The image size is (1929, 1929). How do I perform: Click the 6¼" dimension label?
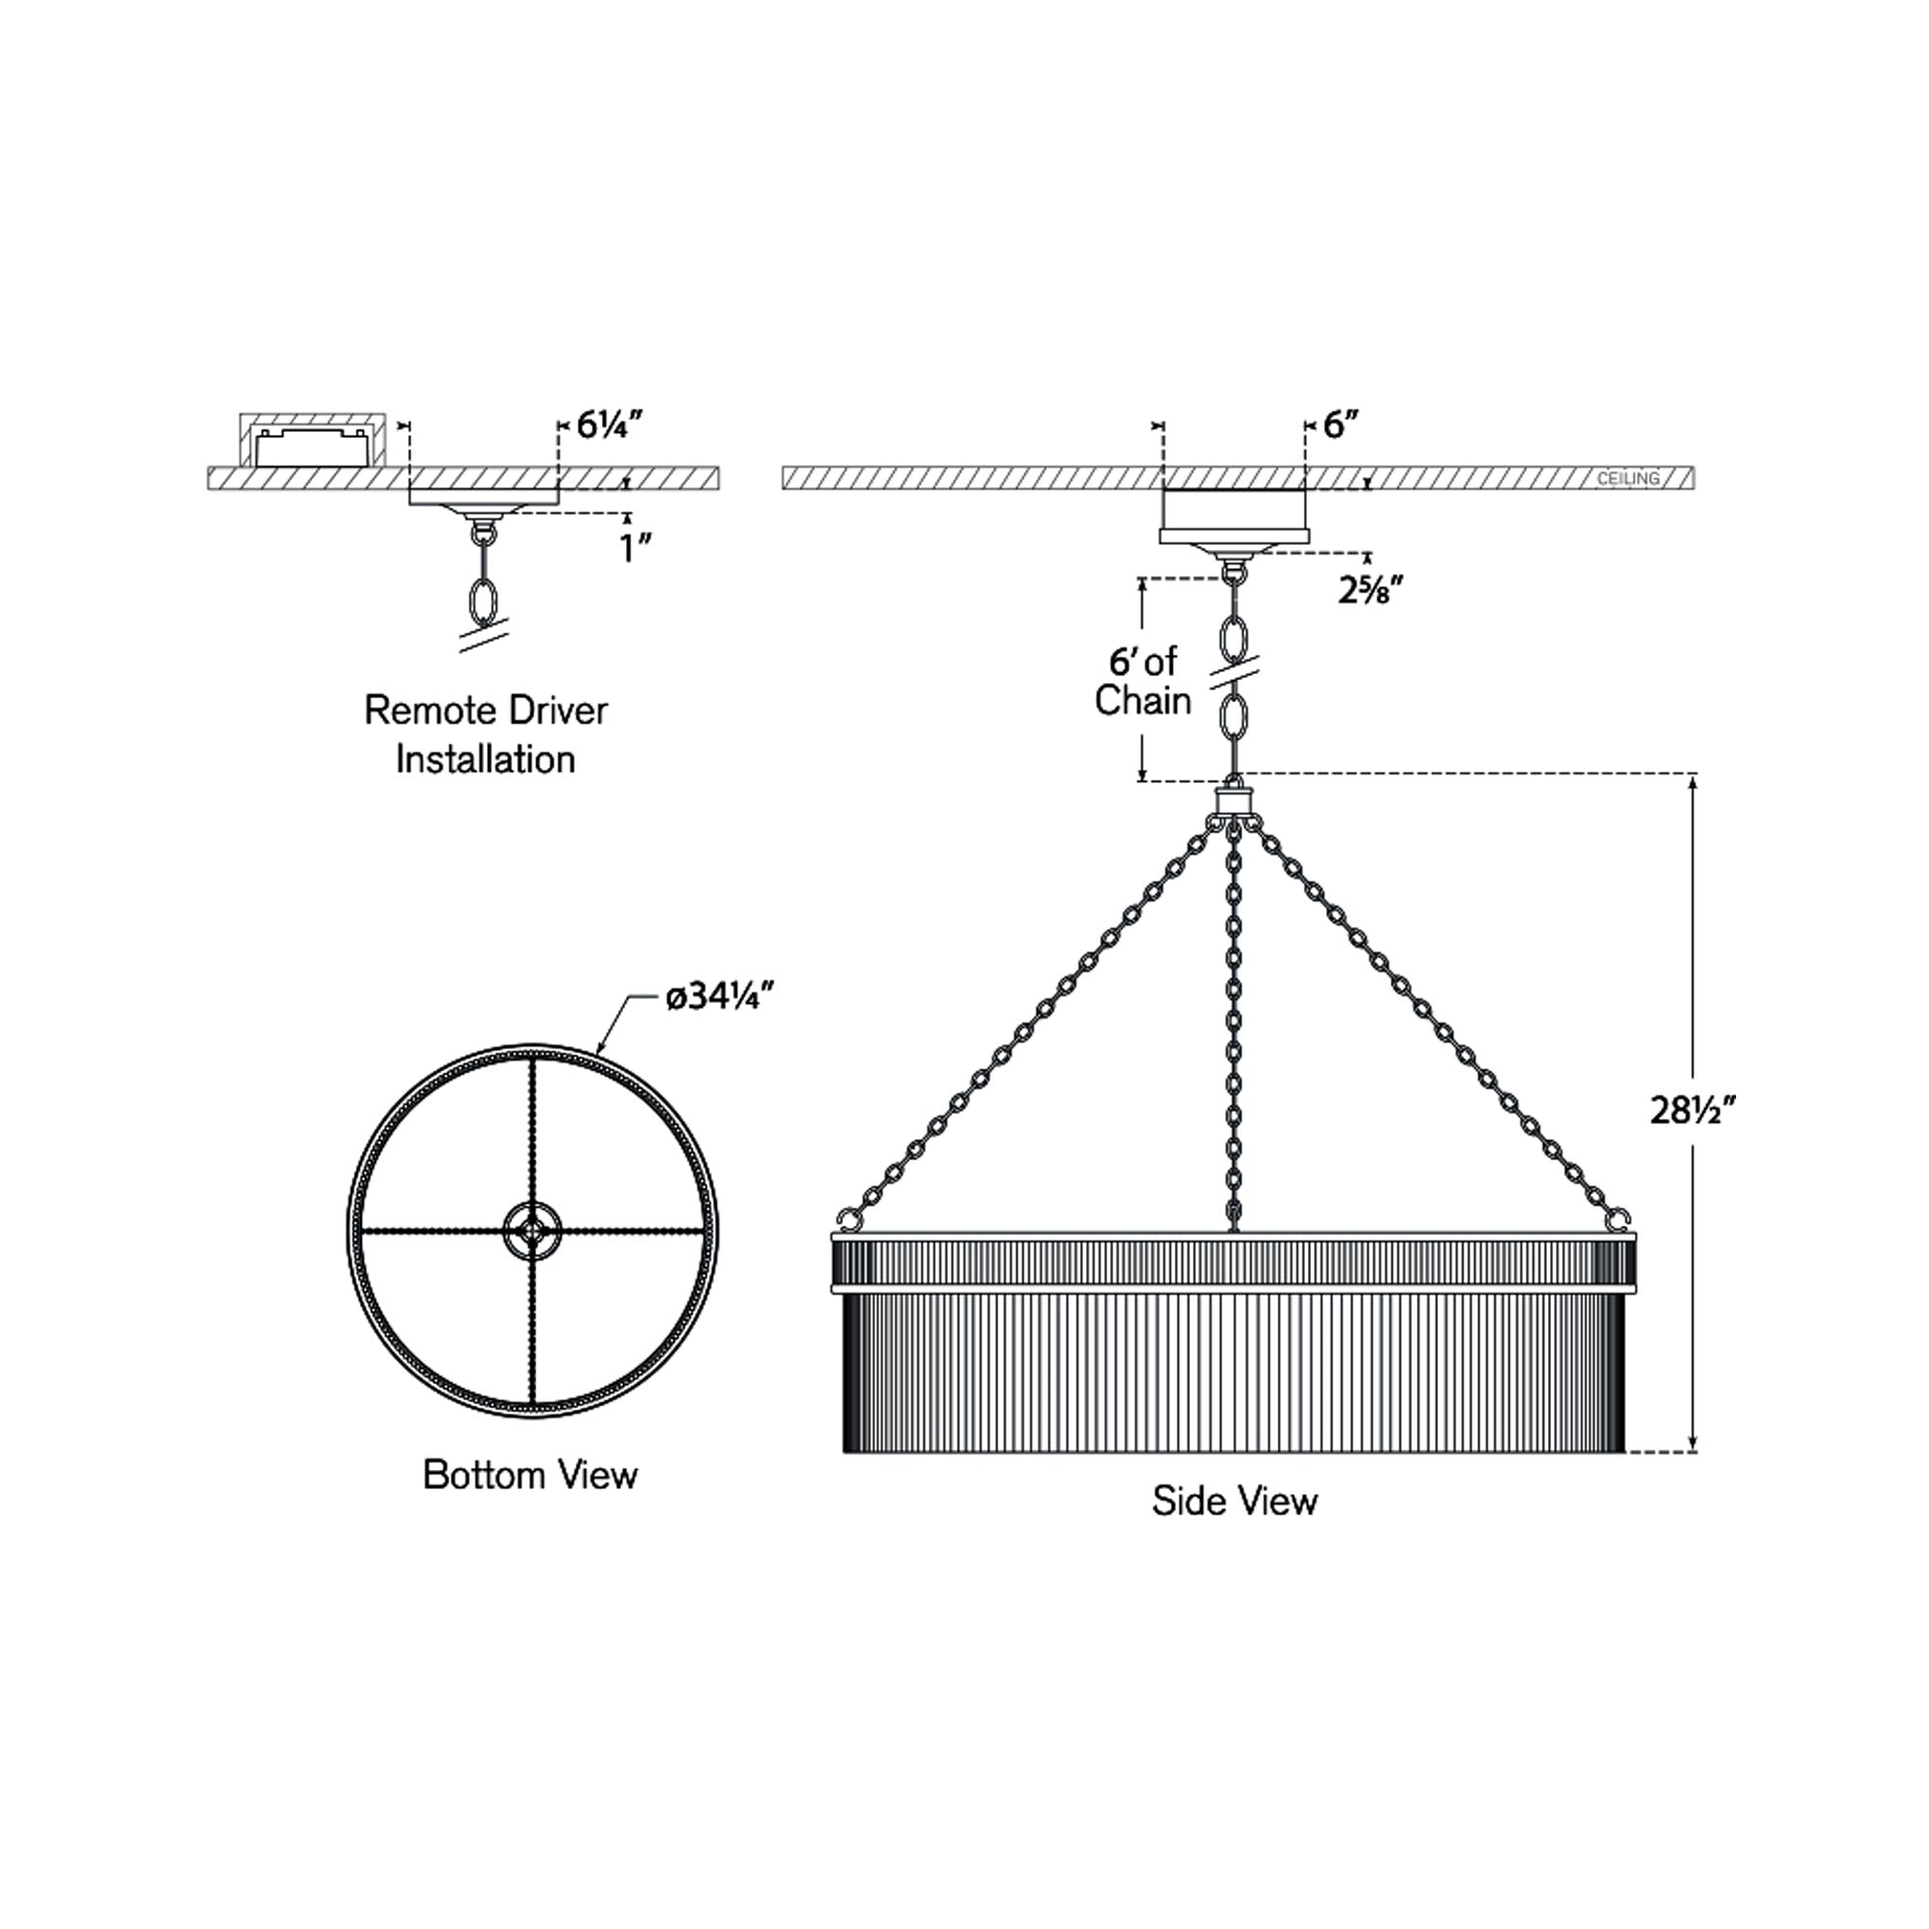[x=609, y=425]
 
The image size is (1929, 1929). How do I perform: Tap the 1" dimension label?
[x=636, y=548]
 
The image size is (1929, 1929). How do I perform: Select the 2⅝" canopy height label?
[x=1371, y=590]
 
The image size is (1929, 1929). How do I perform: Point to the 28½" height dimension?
[x=1694, y=1109]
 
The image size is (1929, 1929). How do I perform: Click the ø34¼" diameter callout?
[x=720, y=996]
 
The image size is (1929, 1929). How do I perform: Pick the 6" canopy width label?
[x=1342, y=425]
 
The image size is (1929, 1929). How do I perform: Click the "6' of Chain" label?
[x=1143, y=681]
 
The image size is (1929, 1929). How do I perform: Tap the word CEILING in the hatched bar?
[x=1627, y=479]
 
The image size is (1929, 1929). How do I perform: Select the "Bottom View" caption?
[x=530, y=1475]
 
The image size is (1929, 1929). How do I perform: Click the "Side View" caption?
[x=1235, y=1501]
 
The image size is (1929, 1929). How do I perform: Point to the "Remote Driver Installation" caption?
[x=485, y=735]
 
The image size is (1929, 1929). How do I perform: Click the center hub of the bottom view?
[x=532, y=1231]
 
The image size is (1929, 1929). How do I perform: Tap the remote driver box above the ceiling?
[x=312, y=446]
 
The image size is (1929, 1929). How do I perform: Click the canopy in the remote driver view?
[x=484, y=498]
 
